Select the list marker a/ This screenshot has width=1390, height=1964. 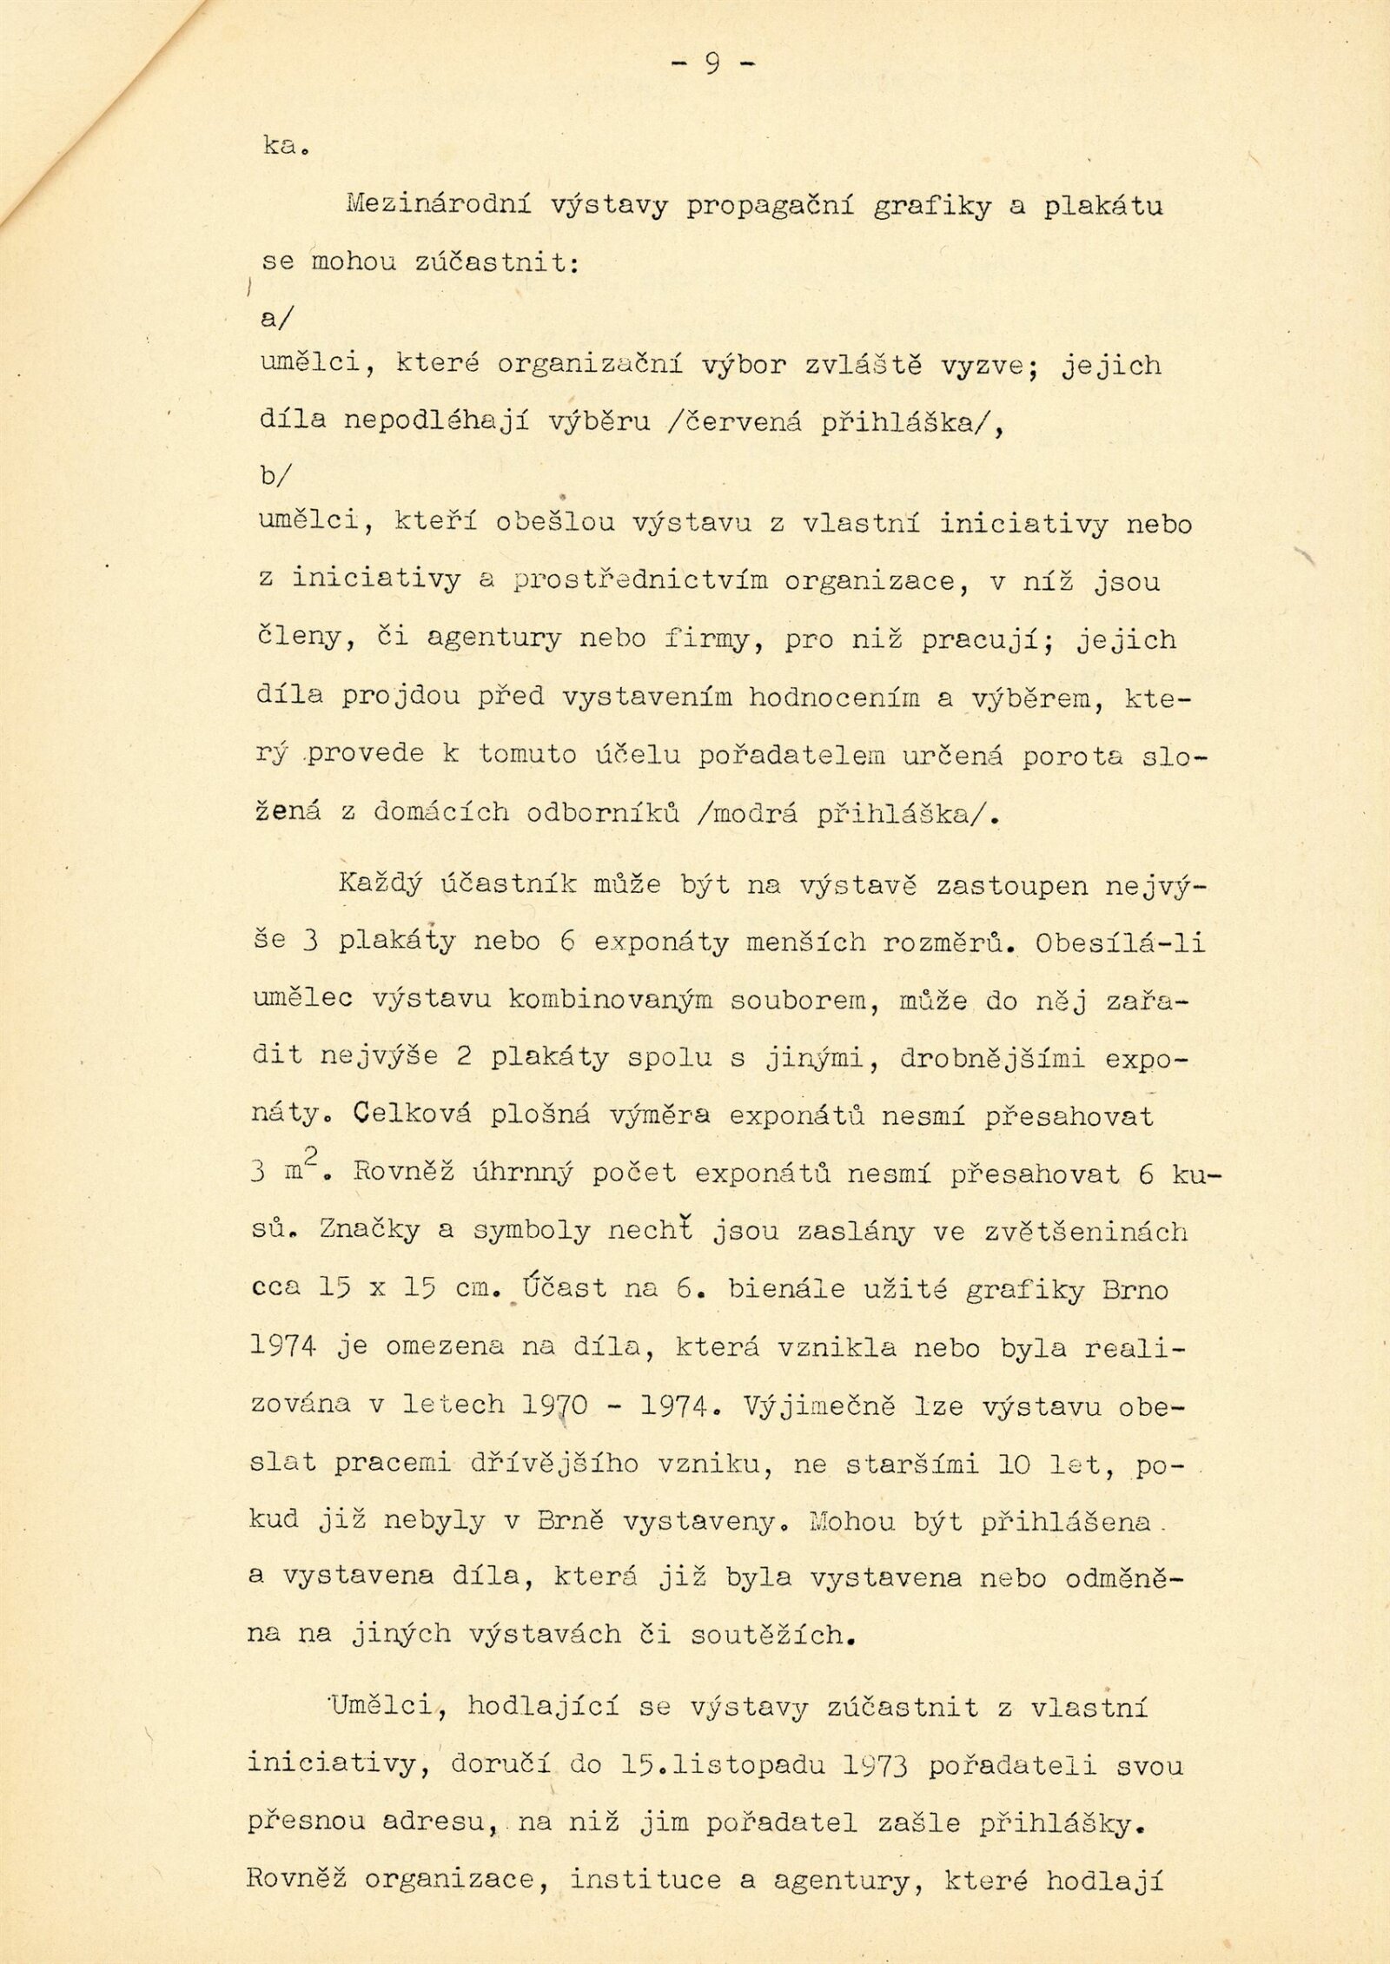[x=277, y=318]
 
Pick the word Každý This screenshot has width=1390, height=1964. [x=381, y=885]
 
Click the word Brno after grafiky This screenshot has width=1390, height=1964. [x=1135, y=1289]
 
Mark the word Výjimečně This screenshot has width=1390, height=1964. [x=820, y=1404]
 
